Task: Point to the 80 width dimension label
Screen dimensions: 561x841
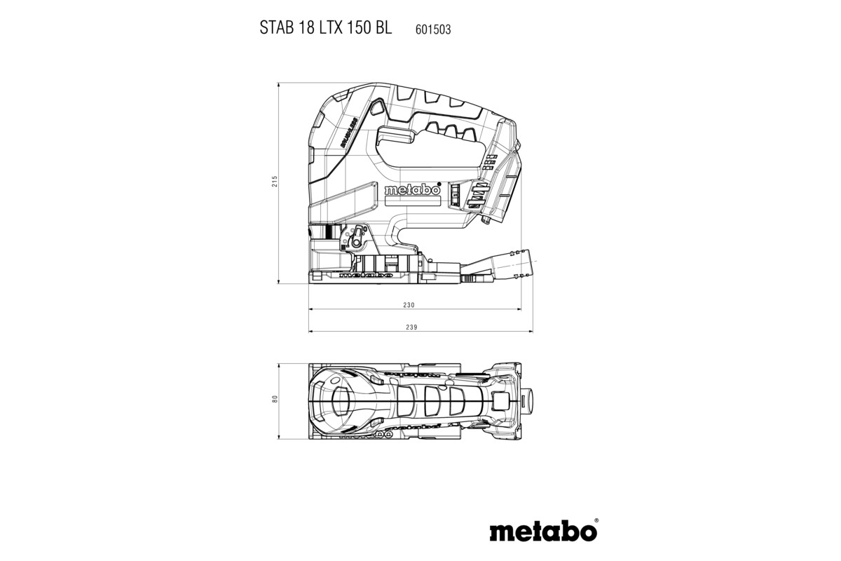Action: tap(275, 399)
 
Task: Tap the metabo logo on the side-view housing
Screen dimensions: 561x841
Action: tap(411, 189)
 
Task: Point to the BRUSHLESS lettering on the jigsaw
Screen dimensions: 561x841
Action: tap(350, 133)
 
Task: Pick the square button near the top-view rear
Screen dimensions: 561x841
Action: tap(501, 400)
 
